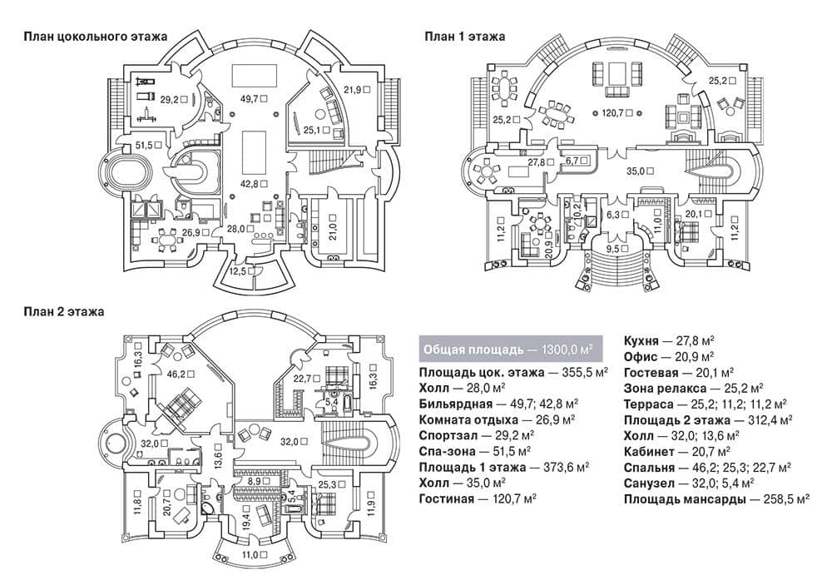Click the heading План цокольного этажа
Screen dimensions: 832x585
tap(96, 37)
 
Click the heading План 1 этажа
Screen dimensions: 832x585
tap(464, 37)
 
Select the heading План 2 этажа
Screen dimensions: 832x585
tap(64, 311)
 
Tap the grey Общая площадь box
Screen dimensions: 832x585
tap(511, 350)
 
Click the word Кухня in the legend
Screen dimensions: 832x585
tap(641, 341)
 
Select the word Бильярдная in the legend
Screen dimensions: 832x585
tap(455, 404)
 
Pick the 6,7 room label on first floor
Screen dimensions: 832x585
tap(572, 161)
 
